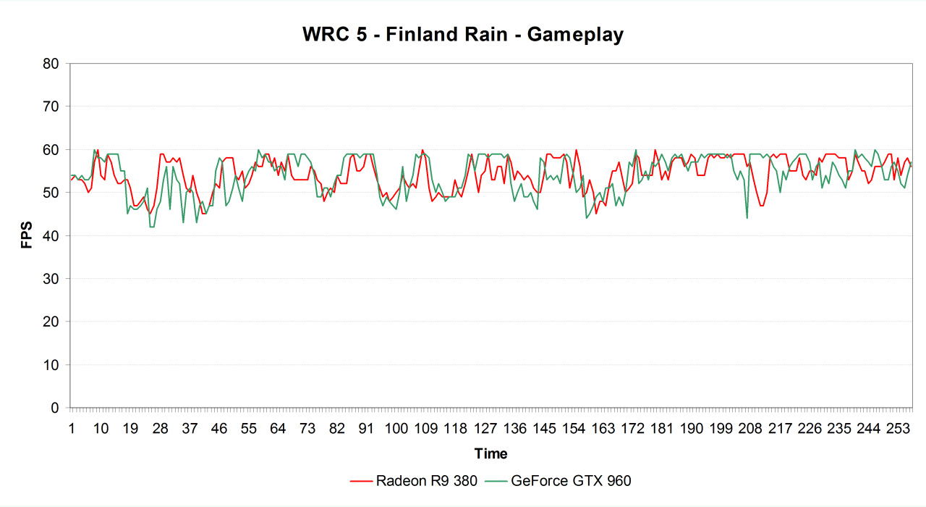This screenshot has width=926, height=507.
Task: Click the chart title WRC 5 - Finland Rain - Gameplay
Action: click(x=463, y=34)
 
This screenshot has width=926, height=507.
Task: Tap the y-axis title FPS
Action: click(x=27, y=235)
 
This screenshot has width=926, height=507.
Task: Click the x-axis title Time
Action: click(x=490, y=454)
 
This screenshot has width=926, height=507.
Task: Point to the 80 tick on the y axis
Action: click(x=51, y=64)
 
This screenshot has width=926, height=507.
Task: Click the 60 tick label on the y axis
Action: click(x=51, y=150)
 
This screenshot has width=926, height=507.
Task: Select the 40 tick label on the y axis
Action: click(x=51, y=236)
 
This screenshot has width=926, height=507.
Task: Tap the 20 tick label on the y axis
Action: click(x=51, y=322)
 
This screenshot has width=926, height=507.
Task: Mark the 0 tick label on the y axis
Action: click(x=55, y=408)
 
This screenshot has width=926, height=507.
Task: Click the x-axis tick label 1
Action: click(x=72, y=428)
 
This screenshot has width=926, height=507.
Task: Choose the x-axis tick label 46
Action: click(x=219, y=428)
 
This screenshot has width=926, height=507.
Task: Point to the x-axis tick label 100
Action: click(x=396, y=428)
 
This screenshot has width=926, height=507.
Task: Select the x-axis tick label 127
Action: click(x=485, y=428)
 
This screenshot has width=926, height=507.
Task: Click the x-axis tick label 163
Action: click(x=603, y=428)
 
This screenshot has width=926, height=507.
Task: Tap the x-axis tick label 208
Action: click(x=751, y=428)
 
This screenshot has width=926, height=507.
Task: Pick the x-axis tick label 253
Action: click(x=899, y=428)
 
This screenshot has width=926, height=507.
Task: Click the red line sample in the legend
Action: click(x=360, y=480)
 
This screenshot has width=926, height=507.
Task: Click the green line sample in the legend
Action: click(x=496, y=480)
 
